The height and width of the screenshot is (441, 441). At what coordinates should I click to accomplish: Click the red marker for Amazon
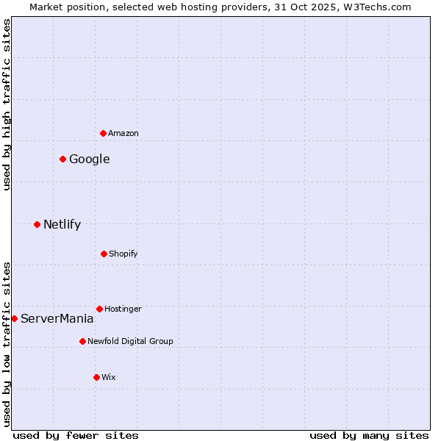point(103,133)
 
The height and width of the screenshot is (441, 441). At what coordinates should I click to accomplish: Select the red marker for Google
point(62,159)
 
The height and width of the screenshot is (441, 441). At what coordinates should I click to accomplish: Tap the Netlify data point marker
point(37,224)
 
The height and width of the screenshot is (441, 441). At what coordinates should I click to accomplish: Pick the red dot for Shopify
point(104,254)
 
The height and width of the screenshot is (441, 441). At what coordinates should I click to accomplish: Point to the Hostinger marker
point(99,309)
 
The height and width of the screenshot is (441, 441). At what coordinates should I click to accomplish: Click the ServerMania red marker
point(14,318)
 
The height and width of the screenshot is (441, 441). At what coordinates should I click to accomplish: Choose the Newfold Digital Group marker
point(82,341)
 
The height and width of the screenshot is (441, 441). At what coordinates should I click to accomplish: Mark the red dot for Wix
point(96,377)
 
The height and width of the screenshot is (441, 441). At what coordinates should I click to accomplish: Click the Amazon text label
point(123,133)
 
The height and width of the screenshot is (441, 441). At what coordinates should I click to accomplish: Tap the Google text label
point(90,159)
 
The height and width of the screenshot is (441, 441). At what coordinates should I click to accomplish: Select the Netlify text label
point(62,224)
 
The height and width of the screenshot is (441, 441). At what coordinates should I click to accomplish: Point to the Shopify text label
point(123,254)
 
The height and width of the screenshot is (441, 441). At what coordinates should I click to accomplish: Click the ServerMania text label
point(57,318)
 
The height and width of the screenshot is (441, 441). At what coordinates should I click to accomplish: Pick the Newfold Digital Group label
point(130,341)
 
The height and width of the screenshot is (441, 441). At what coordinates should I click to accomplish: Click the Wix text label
point(109,377)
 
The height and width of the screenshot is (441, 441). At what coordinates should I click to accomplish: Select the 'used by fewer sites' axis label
point(76,435)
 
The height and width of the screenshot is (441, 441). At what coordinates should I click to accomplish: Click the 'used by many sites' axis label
point(369,435)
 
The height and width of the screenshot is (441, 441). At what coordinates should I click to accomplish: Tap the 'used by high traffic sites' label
point(7,104)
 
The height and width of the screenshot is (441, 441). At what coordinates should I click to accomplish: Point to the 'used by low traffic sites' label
point(7,344)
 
